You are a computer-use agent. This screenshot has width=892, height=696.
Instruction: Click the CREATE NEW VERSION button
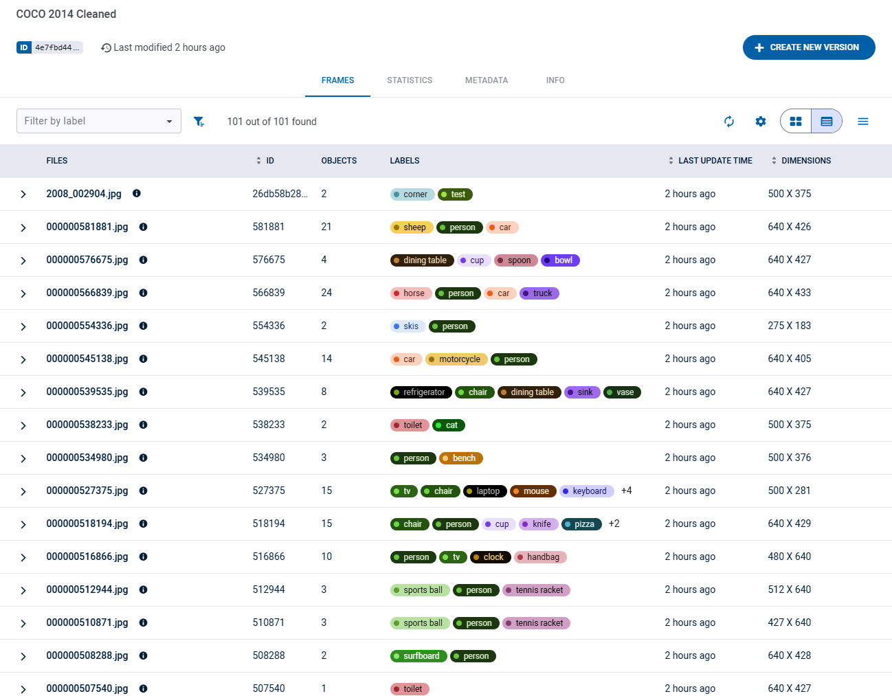[808, 47]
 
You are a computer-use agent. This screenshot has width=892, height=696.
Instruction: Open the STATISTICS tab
[410, 80]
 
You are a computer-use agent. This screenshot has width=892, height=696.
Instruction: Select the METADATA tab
[487, 80]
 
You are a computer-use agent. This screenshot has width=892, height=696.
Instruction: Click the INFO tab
[555, 80]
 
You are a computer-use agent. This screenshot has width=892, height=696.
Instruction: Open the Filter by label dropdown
[99, 121]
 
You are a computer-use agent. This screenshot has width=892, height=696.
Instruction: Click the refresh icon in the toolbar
[729, 122]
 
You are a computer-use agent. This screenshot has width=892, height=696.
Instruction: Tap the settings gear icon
[761, 122]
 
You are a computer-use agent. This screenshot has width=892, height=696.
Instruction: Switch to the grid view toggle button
[796, 122]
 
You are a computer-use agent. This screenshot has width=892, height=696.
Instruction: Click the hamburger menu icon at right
[863, 122]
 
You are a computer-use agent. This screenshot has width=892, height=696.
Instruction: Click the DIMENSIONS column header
[805, 161]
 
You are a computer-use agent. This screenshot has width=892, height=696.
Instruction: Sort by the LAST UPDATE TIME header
[715, 161]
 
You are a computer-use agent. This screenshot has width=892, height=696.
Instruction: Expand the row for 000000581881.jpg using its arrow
[23, 227]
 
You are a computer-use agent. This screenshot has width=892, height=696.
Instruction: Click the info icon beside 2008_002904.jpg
[137, 194]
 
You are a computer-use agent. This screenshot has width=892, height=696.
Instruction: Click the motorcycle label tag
[457, 359]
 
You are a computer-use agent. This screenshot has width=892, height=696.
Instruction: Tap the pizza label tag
[582, 524]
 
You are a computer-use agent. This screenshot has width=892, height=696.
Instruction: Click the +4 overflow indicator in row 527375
[626, 491]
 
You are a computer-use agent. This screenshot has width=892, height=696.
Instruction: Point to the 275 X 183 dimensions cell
[789, 326]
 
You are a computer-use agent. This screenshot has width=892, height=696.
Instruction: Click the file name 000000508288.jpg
[87, 655]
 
